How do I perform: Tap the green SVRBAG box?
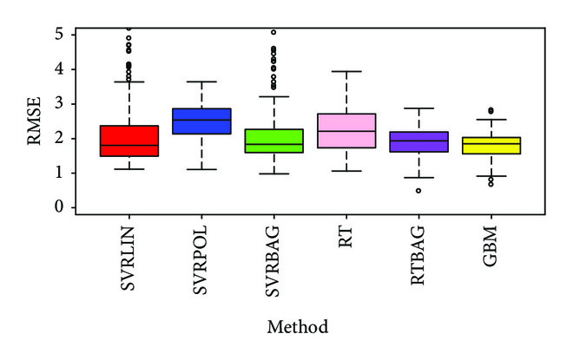click(274, 141)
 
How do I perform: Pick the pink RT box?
click(347, 131)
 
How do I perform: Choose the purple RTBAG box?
click(419, 142)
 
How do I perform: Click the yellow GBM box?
click(492, 145)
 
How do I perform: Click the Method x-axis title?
click(298, 327)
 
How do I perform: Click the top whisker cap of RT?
click(347, 71)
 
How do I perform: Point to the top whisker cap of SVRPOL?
click(201, 82)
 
